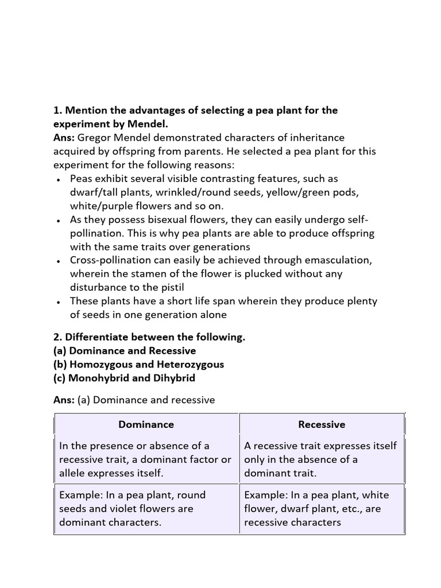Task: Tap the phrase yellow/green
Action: pyautogui.click(x=283, y=192)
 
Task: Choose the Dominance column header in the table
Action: pyautogui.click(x=146, y=425)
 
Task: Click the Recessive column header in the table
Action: pyautogui.click(x=322, y=425)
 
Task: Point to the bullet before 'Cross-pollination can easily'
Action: pyautogui.click(x=59, y=261)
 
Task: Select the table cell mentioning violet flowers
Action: pyautogui.click(x=146, y=509)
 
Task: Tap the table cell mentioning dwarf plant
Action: pyautogui.click(x=322, y=509)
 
